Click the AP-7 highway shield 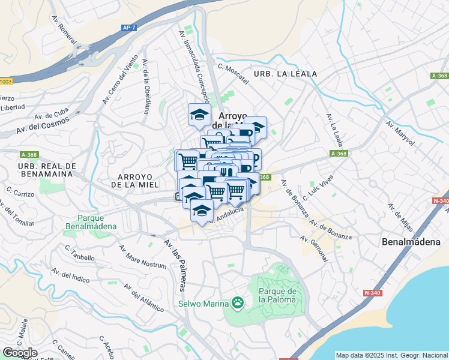point(128,27)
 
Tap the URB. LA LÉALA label point(285,74)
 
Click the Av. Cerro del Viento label point(119,79)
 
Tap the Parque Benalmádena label point(96,223)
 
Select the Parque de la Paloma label point(278,296)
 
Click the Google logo point(20,353)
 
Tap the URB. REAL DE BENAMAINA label point(45,170)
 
